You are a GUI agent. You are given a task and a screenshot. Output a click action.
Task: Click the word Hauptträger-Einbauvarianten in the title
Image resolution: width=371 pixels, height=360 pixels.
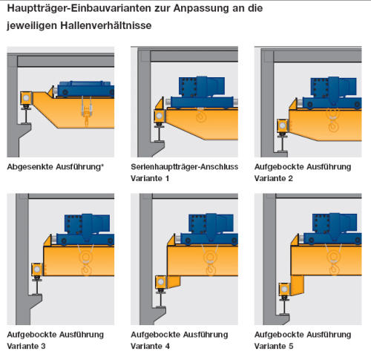point(79,9)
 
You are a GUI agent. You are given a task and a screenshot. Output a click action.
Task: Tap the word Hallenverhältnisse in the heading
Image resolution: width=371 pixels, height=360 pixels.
point(106,25)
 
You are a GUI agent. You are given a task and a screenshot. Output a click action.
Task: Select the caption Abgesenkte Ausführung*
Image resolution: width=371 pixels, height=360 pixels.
point(55,167)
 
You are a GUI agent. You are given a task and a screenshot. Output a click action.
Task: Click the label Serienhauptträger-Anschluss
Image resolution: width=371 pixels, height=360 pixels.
point(184,167)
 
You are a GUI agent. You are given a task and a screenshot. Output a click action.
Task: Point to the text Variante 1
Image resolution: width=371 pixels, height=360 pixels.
point(150,178)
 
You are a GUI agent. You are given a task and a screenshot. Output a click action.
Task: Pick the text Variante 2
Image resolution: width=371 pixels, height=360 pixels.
point(274,178)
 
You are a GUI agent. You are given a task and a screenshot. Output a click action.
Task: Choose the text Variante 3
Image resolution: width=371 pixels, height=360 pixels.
point(26,346)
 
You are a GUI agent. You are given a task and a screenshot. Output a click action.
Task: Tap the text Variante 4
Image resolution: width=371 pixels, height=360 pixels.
point(150,346)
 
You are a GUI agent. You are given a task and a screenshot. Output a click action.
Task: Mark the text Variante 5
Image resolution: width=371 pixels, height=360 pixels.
point(274,346)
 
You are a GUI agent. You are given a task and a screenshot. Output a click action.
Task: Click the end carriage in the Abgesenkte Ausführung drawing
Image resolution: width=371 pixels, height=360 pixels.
point(26,98)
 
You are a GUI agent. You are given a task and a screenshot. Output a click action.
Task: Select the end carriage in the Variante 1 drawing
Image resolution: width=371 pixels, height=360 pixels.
point(160,116)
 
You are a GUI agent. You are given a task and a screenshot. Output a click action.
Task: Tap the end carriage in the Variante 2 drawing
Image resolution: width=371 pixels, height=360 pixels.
point(283,126)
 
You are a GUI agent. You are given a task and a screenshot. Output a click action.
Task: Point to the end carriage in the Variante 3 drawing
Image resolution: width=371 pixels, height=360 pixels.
point(37,269)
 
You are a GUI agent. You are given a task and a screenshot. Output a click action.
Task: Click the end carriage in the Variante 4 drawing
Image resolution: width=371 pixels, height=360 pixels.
point(161,282)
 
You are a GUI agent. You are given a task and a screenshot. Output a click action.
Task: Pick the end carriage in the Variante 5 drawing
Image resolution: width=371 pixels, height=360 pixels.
point(285,289)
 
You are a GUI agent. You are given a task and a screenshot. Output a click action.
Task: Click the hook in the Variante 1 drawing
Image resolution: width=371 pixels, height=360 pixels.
point(201,116)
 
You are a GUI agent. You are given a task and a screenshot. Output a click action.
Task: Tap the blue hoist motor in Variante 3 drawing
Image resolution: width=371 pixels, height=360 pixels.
point(87,224)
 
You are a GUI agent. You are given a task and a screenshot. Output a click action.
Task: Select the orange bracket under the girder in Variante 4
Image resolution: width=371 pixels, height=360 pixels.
point(174,281)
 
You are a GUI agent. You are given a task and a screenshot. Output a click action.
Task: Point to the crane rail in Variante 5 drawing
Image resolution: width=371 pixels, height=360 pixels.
point(284,307)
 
